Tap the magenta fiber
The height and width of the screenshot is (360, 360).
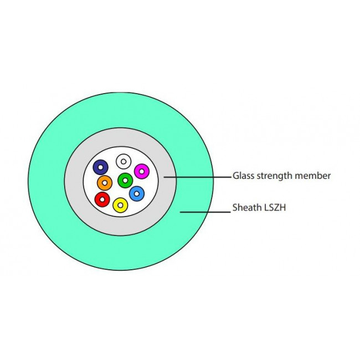coord(142,172)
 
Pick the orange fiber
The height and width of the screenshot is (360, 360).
coord(105,183)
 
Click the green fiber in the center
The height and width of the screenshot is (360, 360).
coord(125,181)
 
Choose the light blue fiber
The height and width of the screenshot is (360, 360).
coord(137,194)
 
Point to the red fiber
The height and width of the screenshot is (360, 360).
coord(102,199)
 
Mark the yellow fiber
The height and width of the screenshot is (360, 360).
coord(120,205)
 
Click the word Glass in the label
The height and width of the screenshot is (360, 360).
coord(243,176)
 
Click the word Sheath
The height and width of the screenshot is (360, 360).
coord(246,209)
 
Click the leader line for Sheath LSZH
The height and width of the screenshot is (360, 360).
coord(205,210)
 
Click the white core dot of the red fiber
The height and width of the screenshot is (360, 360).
coord(101,198)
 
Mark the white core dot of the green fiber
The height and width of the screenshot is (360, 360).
coord(125,180)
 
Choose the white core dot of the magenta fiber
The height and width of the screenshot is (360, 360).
coord(142,172)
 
